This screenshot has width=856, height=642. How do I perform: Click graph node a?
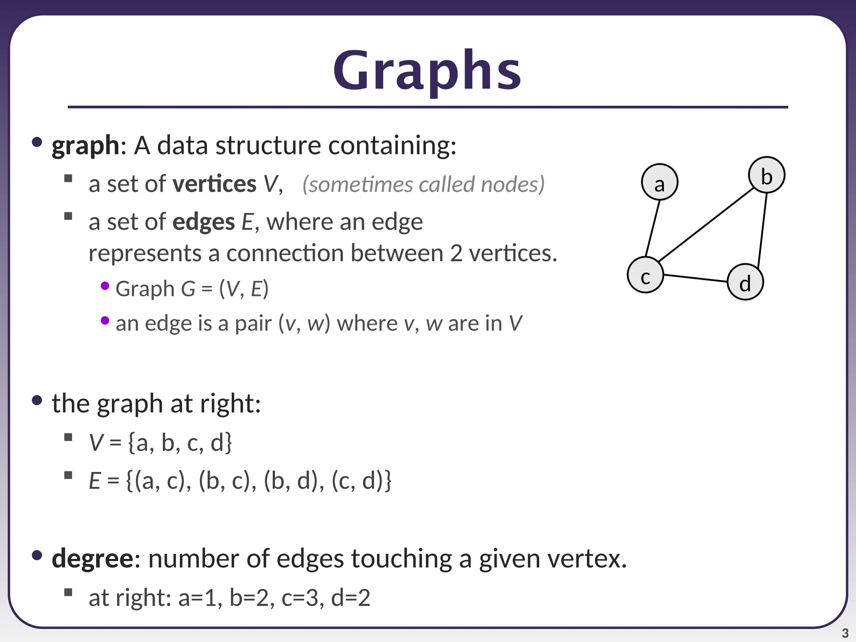coord(660,182)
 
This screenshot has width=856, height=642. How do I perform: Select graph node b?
coord(767,175)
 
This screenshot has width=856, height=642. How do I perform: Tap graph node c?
coord(645,275)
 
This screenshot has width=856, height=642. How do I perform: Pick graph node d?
coord(745,282)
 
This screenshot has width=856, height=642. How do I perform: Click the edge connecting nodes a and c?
coord(652,229)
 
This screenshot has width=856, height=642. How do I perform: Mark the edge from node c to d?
coord(695,278)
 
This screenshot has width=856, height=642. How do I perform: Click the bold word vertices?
coord(214,184)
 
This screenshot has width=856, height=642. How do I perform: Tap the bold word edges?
coord(204,222)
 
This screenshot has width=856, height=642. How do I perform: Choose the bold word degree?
coord(92,558)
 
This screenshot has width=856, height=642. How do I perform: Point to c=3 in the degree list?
coord(300,598)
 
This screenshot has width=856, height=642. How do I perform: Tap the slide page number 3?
coord(845,633)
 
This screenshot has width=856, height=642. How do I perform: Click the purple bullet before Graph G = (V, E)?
coord(105,286)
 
